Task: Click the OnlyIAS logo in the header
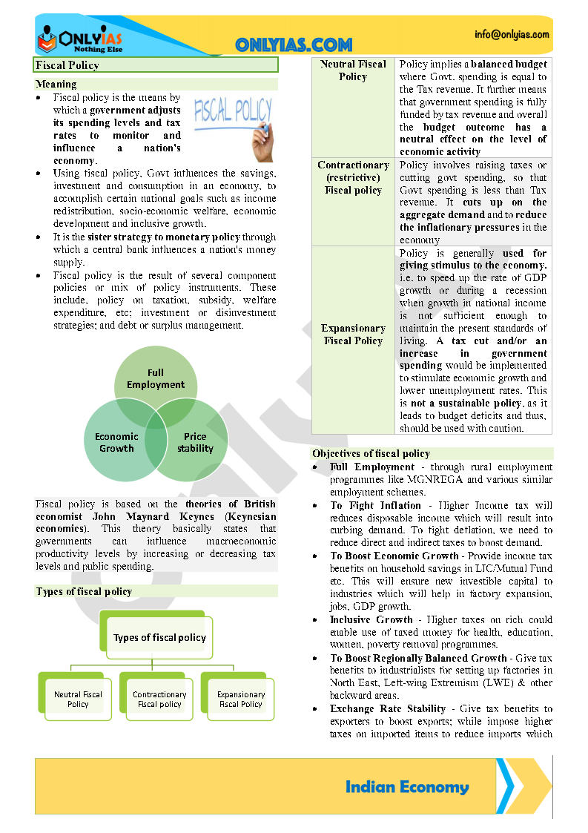(x=79, y=38)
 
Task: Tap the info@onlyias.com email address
(x=512, y=34)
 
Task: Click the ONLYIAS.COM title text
(x=294, y=45)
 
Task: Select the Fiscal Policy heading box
(x=156, y=65)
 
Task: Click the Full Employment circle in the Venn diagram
(x=156, y=378)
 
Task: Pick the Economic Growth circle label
(x=116, y=442)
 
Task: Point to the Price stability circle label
(x=195, y=442)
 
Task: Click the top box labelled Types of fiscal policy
(x=159, y=637)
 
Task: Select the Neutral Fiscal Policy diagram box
(x=78, y=699)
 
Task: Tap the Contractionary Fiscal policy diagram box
(x=159, y=699)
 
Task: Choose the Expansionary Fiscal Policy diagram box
(x=240, y=699)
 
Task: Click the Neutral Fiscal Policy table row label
(x=353, y=70)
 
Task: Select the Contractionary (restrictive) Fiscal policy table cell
(x=353, y=178)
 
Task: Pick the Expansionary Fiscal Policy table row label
(x=353, y=335)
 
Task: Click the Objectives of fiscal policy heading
(x=371, y=453)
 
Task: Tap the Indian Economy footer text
(x=407, y=787)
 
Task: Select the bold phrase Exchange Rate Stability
(x=388, y=708)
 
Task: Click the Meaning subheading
(x=56, y=84)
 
